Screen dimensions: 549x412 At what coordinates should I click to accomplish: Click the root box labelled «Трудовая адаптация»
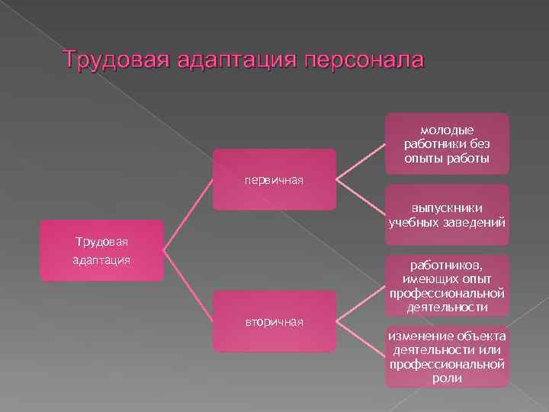coord(101,251)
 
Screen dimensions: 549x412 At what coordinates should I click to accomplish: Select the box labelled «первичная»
coord(274,179)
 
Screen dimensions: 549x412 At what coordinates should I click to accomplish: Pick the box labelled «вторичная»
coord(274,321)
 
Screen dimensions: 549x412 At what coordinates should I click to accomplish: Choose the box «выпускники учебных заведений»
coord(447,214)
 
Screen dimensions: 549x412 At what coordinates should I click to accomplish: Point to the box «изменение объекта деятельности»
coord(447,356)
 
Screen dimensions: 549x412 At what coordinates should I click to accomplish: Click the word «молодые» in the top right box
coord(447,130)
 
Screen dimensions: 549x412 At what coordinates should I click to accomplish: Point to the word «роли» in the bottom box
coord(447,377)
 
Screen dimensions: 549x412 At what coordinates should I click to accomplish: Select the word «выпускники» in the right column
coord(447,208)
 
